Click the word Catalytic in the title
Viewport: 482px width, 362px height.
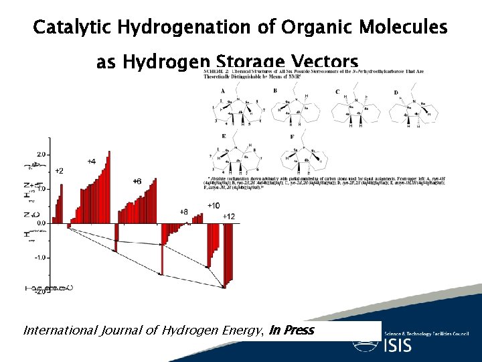64,28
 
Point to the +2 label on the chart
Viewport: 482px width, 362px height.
60,171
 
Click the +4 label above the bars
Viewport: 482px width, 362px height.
91,162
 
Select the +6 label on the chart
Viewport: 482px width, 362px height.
137,181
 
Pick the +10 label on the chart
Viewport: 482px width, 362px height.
213,205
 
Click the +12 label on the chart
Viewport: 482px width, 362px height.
228,216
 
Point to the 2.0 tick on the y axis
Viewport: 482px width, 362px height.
42,154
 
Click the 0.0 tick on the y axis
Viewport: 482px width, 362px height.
42,223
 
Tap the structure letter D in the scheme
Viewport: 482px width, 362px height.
396,92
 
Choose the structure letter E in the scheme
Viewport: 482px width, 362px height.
223,136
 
